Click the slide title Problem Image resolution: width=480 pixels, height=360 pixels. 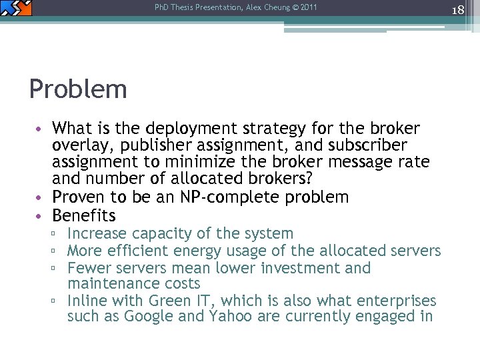coord(78,89)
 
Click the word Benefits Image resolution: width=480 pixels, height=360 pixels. coord(84,216)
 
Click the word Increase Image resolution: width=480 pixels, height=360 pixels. coord(97,234)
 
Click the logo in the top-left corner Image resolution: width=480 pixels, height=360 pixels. coord(16,8)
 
